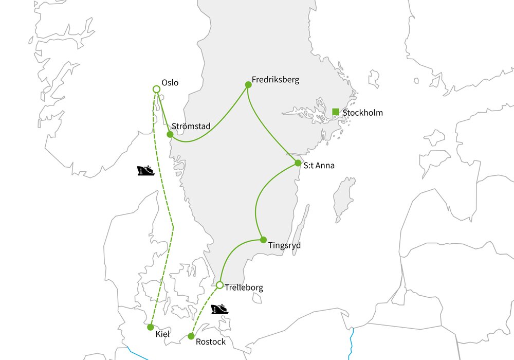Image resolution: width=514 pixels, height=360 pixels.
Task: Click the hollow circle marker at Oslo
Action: point(157,89)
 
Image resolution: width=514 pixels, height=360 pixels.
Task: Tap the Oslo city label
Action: point(170,82)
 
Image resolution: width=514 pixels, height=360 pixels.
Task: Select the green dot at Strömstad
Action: point(170,134)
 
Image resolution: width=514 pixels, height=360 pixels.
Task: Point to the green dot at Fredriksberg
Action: point(248,84)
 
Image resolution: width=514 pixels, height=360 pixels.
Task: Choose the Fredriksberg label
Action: point(275,80)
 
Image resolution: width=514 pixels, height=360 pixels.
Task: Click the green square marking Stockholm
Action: point(336,112)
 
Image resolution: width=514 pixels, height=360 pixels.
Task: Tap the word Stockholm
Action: point(362,113)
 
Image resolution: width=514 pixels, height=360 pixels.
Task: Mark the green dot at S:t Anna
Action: point(298,163)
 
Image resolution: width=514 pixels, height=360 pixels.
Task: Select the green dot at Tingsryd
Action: point(263,240)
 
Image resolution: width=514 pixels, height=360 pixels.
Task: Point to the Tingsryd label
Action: point(284,246)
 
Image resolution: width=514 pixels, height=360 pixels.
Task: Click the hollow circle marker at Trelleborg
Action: point(219,285)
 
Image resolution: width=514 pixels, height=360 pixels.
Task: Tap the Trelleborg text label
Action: point(244,288)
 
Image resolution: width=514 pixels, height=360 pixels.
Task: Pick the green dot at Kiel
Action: point(150,327)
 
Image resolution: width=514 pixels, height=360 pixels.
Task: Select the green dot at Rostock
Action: point(191,336)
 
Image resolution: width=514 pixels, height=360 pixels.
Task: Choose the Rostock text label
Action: point(211,342)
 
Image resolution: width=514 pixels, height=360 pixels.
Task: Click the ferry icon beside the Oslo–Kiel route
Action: point(146,170)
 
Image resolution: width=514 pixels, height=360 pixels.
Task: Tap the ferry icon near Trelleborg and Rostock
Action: point(219,309)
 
